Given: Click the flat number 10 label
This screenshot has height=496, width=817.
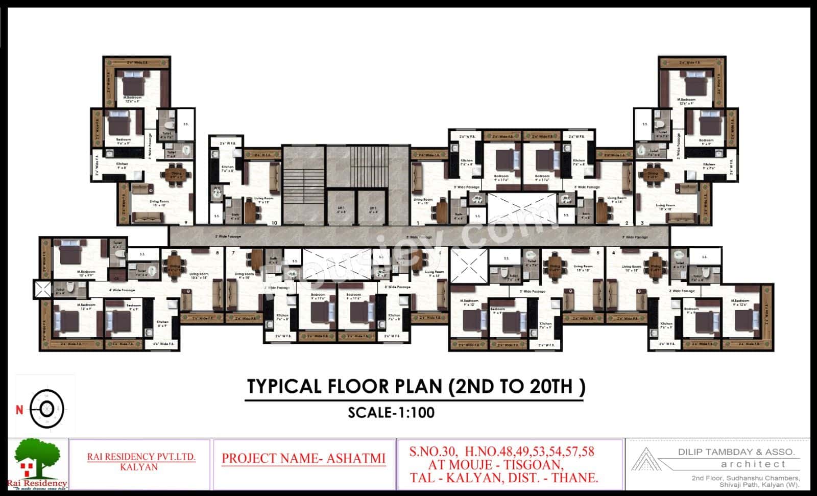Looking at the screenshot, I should click(274, 223).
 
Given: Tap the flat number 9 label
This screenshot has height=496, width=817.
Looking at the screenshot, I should click(186, 223).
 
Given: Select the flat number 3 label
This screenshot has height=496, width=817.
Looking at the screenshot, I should click(642, 223).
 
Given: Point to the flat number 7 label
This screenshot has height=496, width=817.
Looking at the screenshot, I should click(233, 253).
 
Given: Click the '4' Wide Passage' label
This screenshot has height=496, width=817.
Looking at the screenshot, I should click(122, 290).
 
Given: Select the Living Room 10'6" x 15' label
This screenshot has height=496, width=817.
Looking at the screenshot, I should click(200, 276).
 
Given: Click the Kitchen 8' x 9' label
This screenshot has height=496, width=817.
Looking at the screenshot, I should click(162, 323).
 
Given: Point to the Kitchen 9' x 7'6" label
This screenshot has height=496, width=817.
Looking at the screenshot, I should click(709, 166).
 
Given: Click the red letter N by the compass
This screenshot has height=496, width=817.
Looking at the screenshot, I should click(19, 409).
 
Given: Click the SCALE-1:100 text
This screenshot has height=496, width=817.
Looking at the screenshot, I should click(391, 412).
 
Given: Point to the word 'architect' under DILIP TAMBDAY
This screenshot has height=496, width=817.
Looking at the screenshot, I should click(753, 464).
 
